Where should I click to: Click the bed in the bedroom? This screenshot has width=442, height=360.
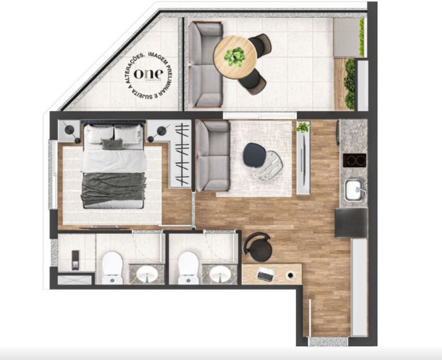tap(113, 165)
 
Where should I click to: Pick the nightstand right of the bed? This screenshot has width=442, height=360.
tap(158, 131)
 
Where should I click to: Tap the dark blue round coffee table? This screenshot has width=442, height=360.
tap(255, 153)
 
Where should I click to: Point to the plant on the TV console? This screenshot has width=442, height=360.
tap(303, 127)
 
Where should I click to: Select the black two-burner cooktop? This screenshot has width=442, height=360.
tap(354, 160)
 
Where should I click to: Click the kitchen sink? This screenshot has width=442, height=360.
tap(354, 188)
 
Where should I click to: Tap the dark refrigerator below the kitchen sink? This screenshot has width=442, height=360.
tap(351, 223)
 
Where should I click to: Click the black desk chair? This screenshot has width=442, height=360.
tap(257, 246)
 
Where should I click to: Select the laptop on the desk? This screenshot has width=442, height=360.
tap(265, 275)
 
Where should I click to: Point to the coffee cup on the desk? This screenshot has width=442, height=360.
tap(290, 276)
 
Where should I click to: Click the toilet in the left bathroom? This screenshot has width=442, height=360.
tap(112, 266)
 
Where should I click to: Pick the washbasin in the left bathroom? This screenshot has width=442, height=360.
tap(148, 274)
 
